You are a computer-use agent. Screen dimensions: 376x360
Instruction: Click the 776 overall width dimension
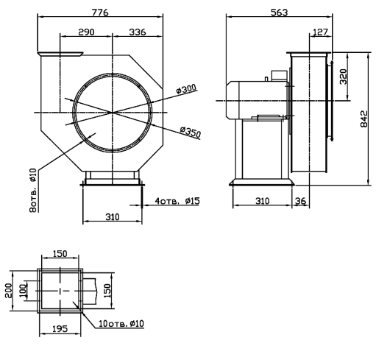pos(100,13)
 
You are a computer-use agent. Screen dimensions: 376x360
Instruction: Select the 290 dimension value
pos(86,32)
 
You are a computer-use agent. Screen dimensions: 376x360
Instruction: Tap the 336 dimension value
pos(138,32)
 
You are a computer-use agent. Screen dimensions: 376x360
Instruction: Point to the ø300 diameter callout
pos(186,89)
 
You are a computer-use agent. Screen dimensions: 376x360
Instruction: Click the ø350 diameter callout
pos(191,132)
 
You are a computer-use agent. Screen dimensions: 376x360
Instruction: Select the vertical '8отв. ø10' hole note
pos(33,190)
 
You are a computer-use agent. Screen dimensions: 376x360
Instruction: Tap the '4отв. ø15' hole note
pos(177,201)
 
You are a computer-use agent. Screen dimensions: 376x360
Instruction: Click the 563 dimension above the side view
pos(280,13)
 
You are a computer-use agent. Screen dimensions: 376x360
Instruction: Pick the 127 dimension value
pos(321,32)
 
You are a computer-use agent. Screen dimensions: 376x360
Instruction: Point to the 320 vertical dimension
pos(344,77)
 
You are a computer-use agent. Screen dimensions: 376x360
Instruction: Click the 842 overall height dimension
pos(364,119)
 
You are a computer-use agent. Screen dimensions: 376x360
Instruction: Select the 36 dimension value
pos(300,201)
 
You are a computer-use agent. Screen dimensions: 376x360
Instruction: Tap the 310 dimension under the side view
pos(263,201)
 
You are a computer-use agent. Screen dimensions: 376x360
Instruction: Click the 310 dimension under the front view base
pos(113,217)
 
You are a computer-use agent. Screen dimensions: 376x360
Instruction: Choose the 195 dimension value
pos(60,328)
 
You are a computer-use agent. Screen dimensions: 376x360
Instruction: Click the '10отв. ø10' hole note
pos(121,324)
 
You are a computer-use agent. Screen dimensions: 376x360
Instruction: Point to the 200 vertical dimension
pos(9,291)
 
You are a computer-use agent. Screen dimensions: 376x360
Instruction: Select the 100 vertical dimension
pos(23,290)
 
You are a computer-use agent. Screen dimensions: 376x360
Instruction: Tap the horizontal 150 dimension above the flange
pos(60,253)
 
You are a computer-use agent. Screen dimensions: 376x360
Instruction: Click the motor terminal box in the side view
pos(279,76)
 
